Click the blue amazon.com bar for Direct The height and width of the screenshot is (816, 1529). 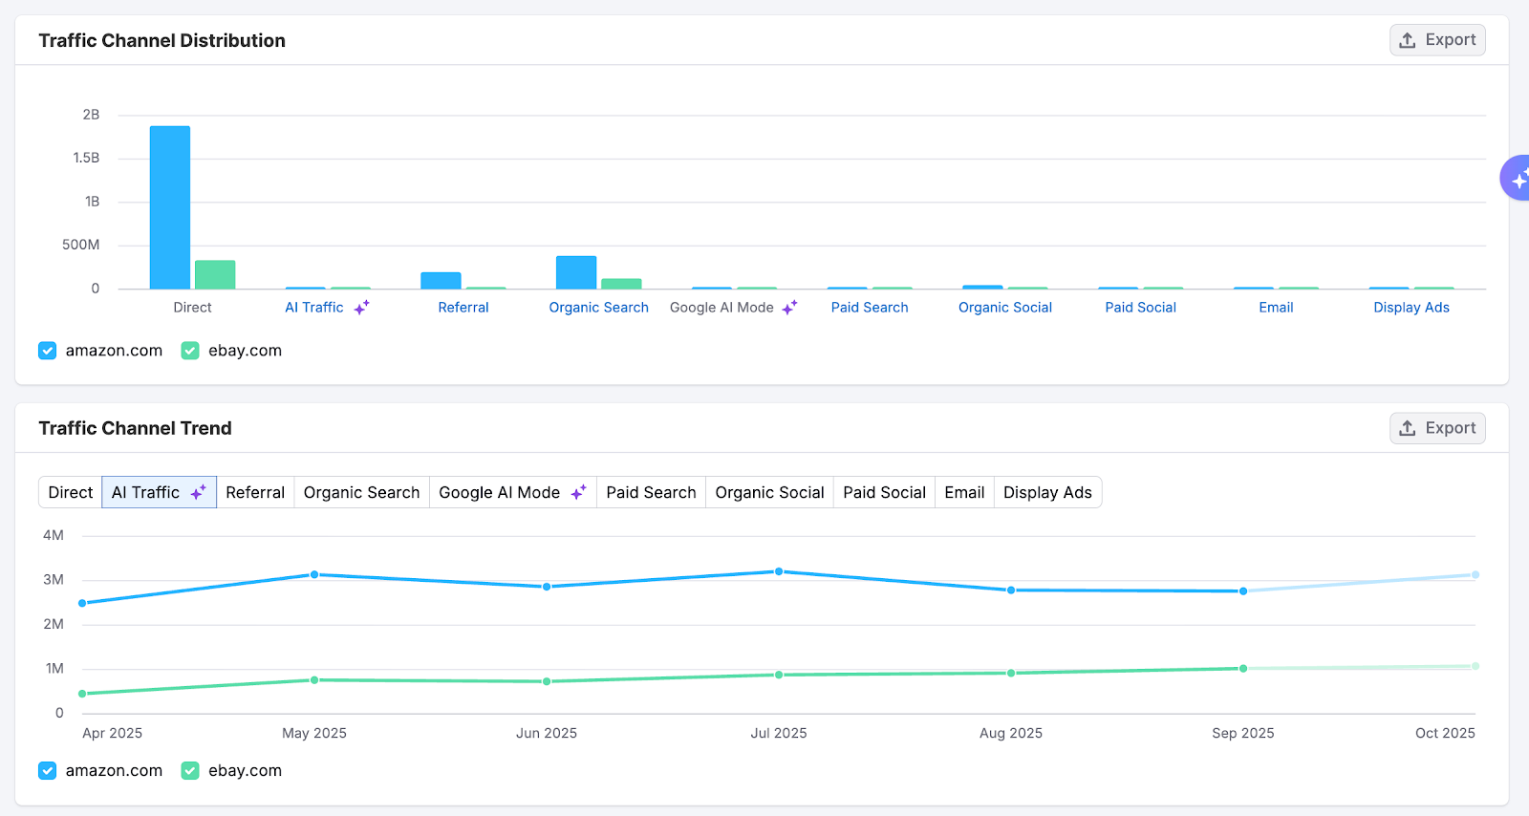[x=170, y=207]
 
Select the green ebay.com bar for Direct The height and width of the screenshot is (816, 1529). [x=215, y=275]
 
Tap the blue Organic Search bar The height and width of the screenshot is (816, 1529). [x=576, y=272]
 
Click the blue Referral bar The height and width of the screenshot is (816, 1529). [x=441, y=281]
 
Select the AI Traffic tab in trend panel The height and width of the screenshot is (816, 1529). [x=158, y=492]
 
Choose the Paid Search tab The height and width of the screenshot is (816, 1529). [x=651, y=492]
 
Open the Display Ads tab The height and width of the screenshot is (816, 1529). [x=1046, y=492]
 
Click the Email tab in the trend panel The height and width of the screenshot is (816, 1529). [x=964, y=492]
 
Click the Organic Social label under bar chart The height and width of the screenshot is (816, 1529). [x=1004, y=308]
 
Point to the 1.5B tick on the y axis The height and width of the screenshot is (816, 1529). [x=86, y=158]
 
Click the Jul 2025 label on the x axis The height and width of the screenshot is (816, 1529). [x=778, y=733]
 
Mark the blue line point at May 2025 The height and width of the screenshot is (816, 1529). [x=314, y=574]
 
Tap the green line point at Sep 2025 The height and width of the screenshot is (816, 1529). [x=1243, y=668]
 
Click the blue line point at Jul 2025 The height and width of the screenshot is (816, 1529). [x=779, y=571]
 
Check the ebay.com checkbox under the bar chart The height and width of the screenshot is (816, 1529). [x=190, y=351]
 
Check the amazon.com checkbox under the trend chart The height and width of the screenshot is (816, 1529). [x=48, y=770]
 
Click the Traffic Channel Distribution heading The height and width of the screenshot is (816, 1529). [x=162, y=40]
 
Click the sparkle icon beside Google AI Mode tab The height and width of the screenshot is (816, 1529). [x=578, y=492]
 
